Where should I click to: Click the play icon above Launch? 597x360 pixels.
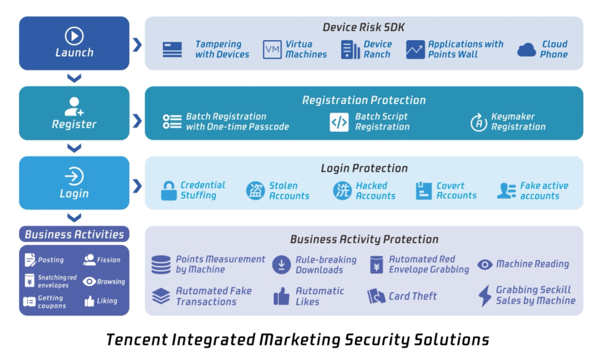[x=74, y=36]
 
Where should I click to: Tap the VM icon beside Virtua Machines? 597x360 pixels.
[x=272, y=49]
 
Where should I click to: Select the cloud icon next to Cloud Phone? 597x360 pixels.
[x=527, y=50]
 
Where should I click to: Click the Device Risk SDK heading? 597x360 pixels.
[x=364, y=27]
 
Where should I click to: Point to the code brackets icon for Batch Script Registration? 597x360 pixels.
[x=339, y=122]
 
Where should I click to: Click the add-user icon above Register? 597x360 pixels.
[x=74, y=106]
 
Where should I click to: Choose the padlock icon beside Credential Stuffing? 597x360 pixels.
[x=169, y=190]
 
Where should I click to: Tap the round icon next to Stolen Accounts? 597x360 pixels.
[x=255, y=191]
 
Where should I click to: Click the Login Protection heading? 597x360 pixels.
[x=364, y=168]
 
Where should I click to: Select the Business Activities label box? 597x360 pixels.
[x=74, y=234]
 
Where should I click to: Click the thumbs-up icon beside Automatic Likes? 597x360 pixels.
[x=282, y=296]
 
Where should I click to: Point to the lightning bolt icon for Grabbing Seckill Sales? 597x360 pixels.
[x=485, y=296]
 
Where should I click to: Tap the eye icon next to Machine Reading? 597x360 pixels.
[x=485, y=264]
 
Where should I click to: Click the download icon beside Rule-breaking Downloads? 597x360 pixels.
[x=282, y=264]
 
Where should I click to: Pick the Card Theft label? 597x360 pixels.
[x=413, y=296]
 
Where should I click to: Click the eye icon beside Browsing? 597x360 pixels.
[x=89, y=281]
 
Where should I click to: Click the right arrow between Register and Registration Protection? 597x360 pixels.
[x=137, y=121]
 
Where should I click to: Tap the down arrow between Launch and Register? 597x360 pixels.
[x=74, y=78]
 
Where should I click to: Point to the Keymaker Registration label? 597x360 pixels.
[x=518, y=122]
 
